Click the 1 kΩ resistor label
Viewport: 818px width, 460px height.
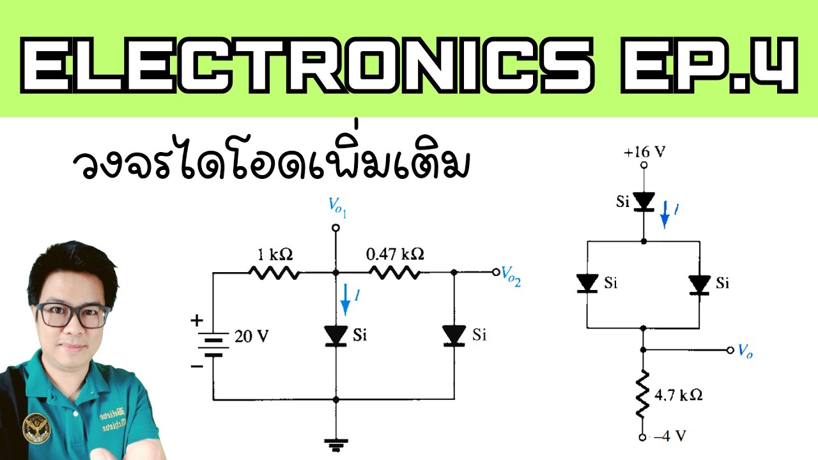(274, 254)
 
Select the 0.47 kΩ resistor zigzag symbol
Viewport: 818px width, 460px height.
(394, 273)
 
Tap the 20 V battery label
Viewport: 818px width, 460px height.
(252, 337)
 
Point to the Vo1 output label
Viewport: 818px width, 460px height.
(337, 207)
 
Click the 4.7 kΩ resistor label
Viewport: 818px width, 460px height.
(679, 395)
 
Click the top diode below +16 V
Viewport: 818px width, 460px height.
(644, 202)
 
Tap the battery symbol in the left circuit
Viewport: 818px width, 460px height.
(213, 343)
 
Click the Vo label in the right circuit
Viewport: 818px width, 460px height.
(745, 351)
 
